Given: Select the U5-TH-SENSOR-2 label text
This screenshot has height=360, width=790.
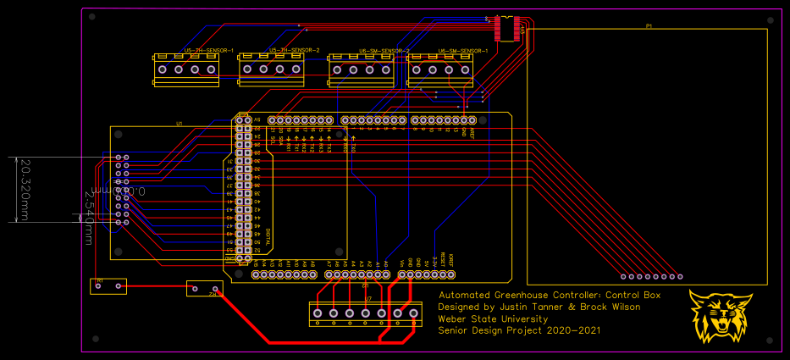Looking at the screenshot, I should [x=294, y=51].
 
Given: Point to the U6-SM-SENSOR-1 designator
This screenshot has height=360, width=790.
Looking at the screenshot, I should [x=463, y=51].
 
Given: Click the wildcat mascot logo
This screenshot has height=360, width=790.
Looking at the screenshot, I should [x=721, y=316].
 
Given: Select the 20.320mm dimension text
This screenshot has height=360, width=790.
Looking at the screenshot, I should [x=25, y=190].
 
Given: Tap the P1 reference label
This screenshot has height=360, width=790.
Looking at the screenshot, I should [x=649, y=27].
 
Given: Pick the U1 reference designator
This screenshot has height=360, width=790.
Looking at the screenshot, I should [x=180, y=124].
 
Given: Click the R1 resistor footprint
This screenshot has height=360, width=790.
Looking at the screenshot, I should [x=108, y=286].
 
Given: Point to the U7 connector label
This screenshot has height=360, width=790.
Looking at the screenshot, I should [x=368, y=299].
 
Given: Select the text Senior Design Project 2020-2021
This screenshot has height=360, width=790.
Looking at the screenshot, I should [x=519, y=330].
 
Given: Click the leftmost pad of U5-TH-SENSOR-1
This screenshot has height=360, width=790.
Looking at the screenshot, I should [x=163, y=70].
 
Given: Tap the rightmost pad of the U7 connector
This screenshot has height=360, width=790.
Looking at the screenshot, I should [x=413, y=314].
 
